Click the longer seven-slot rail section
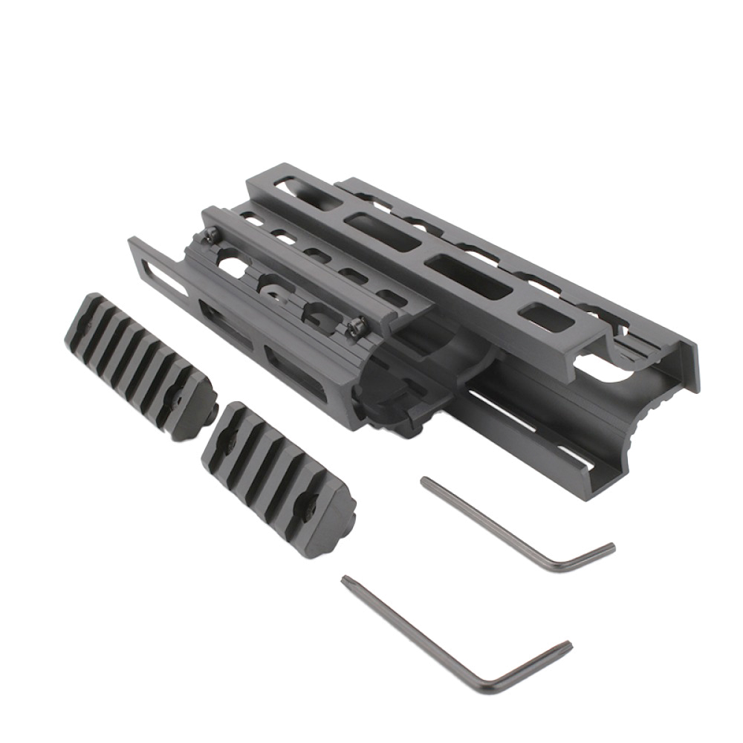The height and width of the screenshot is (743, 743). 137,364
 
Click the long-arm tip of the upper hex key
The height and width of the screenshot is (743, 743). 425,482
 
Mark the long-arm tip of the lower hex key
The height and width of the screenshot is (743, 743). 345,580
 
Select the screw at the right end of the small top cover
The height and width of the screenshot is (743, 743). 357,325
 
